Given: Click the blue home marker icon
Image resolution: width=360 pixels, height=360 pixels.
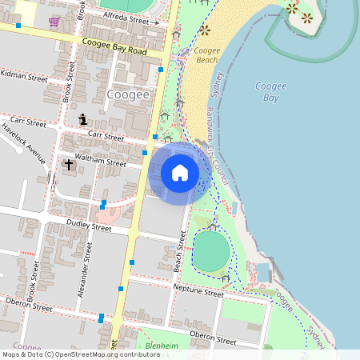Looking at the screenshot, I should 180,173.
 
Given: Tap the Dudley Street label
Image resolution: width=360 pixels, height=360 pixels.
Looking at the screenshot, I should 89,227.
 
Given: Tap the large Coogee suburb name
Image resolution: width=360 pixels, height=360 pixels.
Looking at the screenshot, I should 128,95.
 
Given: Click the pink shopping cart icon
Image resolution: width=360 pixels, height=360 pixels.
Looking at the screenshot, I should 54,22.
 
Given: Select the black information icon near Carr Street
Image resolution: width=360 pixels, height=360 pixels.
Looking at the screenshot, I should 82,120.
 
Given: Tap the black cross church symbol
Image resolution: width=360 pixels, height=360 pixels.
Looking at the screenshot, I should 69,166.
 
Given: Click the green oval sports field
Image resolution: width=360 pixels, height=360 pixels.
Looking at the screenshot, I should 211,251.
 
